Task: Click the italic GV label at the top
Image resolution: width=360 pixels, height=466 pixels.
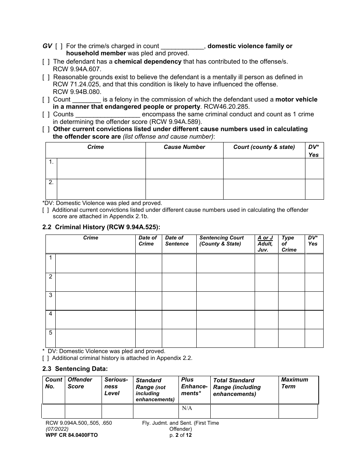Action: tap(47, 46)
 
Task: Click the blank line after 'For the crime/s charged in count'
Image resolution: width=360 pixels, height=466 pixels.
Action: tap(183, 47)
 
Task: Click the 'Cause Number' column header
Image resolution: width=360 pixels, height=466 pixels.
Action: tap(184, 147)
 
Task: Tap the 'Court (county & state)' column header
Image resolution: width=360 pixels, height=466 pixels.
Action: tap(264, 147)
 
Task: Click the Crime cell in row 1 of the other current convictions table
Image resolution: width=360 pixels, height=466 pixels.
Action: tap(101, 169)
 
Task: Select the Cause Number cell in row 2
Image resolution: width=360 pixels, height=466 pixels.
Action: tap(184, 189)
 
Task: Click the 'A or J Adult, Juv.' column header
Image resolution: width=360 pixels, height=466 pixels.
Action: tap(265, 244)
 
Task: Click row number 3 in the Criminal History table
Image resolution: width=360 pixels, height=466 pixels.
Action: tap(50, 295)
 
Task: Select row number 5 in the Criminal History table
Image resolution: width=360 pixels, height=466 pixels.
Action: tap(50, 333)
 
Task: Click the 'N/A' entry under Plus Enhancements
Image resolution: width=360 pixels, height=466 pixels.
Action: tap(187, 408)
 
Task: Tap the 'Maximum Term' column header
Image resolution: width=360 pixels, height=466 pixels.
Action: tap(294, 383)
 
